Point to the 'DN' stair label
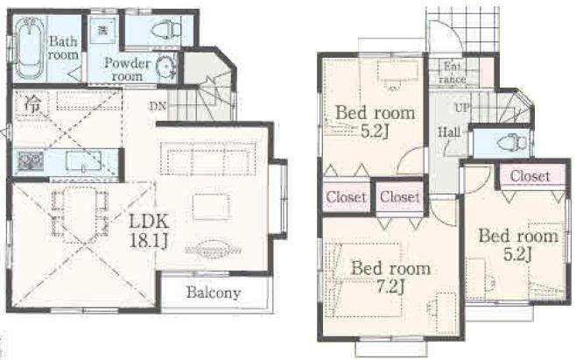pos(158,106)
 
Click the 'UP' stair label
pos(463,108)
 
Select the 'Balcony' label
pos(213,293)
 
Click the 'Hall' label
pos(449,132)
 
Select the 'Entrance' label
pos(453,72)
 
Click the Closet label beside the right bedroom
pos(530,176)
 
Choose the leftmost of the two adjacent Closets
pos(346,197)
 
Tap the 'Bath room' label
pos(63,47)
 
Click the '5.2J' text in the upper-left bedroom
pos(375,131)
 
